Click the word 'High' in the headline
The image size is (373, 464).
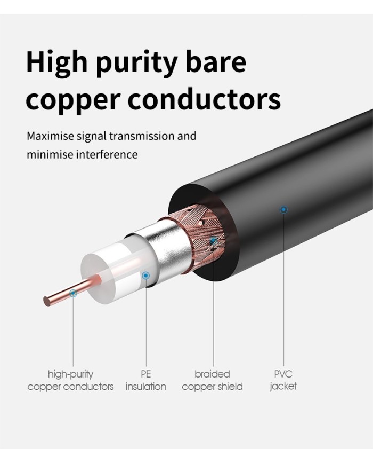coord(56,62)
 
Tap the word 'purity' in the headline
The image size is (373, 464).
coord(137,64)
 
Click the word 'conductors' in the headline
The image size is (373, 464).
coord(204,98)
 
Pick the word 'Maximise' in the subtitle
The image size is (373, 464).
coord(50,136)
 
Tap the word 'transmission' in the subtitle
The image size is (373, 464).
coord(142,136)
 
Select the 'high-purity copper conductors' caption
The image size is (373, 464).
coord(70,380)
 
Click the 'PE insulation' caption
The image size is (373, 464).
coord(146,380)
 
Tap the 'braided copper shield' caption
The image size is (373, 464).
coord(212,380)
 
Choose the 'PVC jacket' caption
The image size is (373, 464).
coord(283,380)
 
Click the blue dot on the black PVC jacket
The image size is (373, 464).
coord(283,210)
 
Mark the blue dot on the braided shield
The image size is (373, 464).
coord(213,241)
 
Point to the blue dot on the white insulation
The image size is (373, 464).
coord(145,276)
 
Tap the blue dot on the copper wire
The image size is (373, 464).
coord(73,293)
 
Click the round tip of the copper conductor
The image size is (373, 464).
coord(47,301)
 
